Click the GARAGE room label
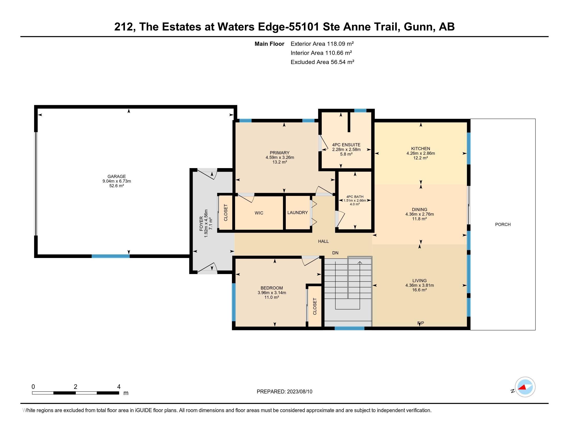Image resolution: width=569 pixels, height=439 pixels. click(117, 176)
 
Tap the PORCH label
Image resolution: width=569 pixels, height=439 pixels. click(503, 224)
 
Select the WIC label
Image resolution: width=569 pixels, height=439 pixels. click(259, 213)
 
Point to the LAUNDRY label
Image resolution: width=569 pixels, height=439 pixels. click(297, 213)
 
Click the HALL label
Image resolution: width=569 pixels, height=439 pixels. click(323, 241)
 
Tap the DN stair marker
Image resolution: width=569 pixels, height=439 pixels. click(335, 253)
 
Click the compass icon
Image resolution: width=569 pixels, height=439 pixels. click(525, 387)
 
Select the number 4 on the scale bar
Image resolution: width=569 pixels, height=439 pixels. click(119, 387)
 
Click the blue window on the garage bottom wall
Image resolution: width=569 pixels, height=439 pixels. click(110, 256)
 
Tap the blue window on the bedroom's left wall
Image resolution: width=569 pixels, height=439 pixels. click(234, 302)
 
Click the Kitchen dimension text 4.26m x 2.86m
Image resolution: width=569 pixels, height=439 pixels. click(421, 153)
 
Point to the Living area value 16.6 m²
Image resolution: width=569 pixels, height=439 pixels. click(420, 290)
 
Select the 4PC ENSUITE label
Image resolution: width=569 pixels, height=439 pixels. click(346, 145)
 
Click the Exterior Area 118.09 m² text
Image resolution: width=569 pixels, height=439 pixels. click(322, 44)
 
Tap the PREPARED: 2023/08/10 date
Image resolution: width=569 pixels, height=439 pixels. click(284, 392)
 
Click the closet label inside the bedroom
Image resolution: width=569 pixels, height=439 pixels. click(315, 306)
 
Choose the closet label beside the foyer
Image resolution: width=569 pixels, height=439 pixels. click(226, 213)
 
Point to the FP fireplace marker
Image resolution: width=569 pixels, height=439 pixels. click(421, 323)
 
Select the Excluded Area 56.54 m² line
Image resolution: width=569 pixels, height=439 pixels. click(323, 62)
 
